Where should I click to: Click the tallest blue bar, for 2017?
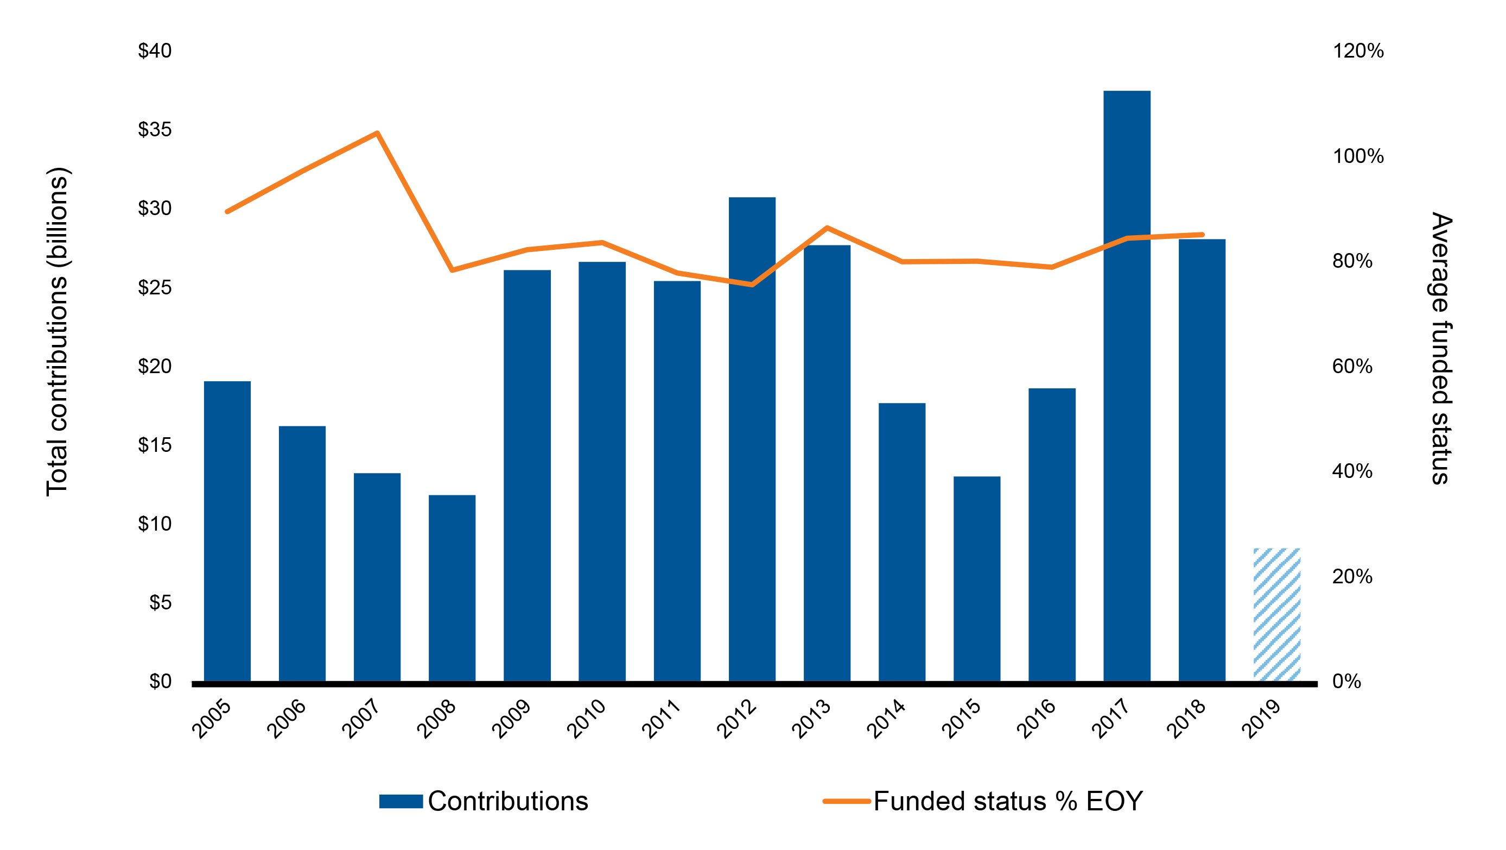coord(1127,386)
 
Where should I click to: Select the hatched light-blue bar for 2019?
coord(1277,614)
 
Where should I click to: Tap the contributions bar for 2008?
coord(452,588)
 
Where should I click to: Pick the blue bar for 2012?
coord(752,439)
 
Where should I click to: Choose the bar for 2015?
coord(977,579)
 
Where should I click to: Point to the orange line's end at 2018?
coord(1202,235)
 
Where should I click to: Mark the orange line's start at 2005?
coord(227,211)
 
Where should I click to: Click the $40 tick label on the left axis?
coord(155,51)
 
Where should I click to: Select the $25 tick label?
coord(155,287)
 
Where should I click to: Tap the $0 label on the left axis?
coord(160,681)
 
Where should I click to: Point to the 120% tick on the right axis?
coord(1358,51)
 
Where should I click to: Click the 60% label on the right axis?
coord(1352,366)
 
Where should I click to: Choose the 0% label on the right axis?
coord(1346,681)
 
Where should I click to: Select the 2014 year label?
coord(887,719)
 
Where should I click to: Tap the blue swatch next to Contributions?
coord(401,801)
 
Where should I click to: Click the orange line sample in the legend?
coord(847,801)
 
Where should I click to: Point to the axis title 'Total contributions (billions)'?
coord(58,332)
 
